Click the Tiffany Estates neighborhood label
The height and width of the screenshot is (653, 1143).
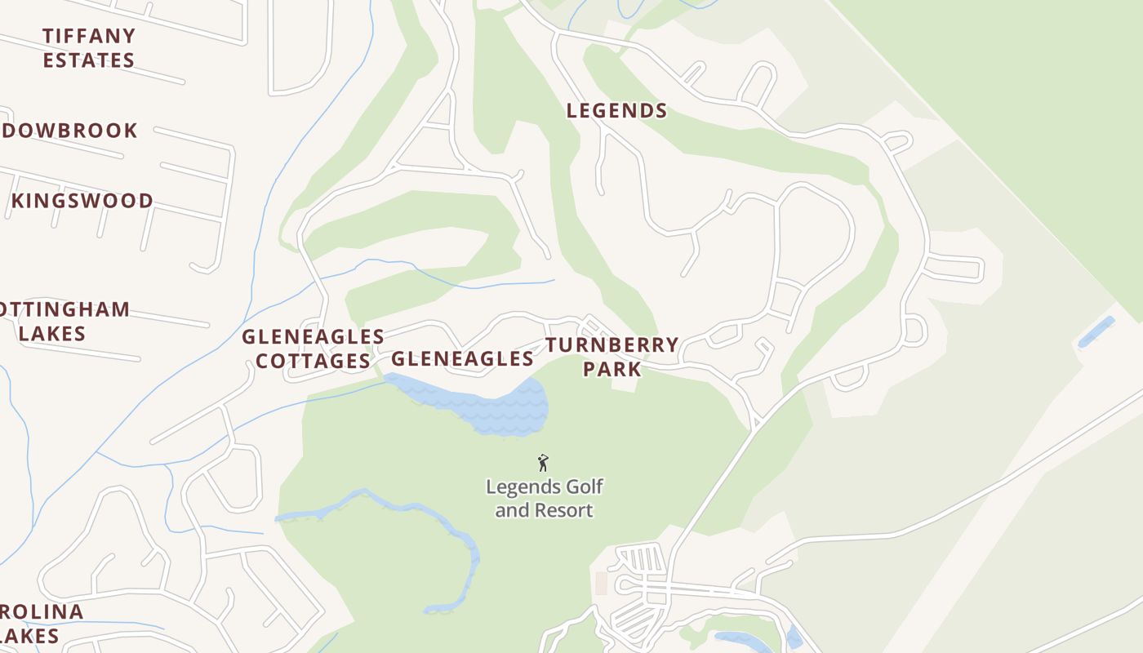tap(88, 48)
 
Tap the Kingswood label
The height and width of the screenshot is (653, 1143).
tap(82, 201)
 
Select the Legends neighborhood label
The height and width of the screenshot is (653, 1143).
tap(616, 111)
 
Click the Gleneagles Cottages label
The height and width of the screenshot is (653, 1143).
tap(313, 349)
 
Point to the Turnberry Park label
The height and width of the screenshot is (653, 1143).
tap(612, 357)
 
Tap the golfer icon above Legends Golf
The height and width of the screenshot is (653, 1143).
tap(543, 464)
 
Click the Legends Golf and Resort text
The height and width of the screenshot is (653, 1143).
tap(545, 499)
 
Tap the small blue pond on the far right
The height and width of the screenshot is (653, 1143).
tap(1096, 332)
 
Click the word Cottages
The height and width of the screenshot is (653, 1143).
tap(314, 361)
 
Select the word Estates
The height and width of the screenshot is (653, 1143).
tap(88, 60)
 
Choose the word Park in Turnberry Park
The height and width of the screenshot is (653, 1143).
tap(612, 369)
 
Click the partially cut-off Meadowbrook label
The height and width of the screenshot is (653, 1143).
tap(69, 131)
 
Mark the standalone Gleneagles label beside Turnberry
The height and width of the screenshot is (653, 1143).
tap(462, 358)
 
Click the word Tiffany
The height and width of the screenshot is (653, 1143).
tap(88, 36)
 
